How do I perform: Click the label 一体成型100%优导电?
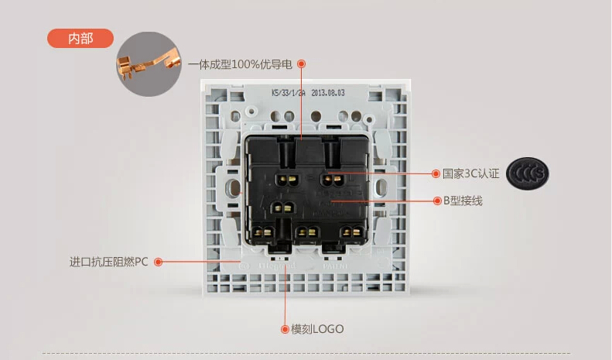[241, 63]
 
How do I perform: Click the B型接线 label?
[463, 201]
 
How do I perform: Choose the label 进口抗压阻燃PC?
[108, 262]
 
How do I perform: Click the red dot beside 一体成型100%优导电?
[302, 63]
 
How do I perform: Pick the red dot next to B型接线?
[436, 201]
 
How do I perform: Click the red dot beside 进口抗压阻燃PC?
[157, 262]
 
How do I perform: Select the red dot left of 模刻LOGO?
[284, 329]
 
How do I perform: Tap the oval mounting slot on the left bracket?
[233, 187]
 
